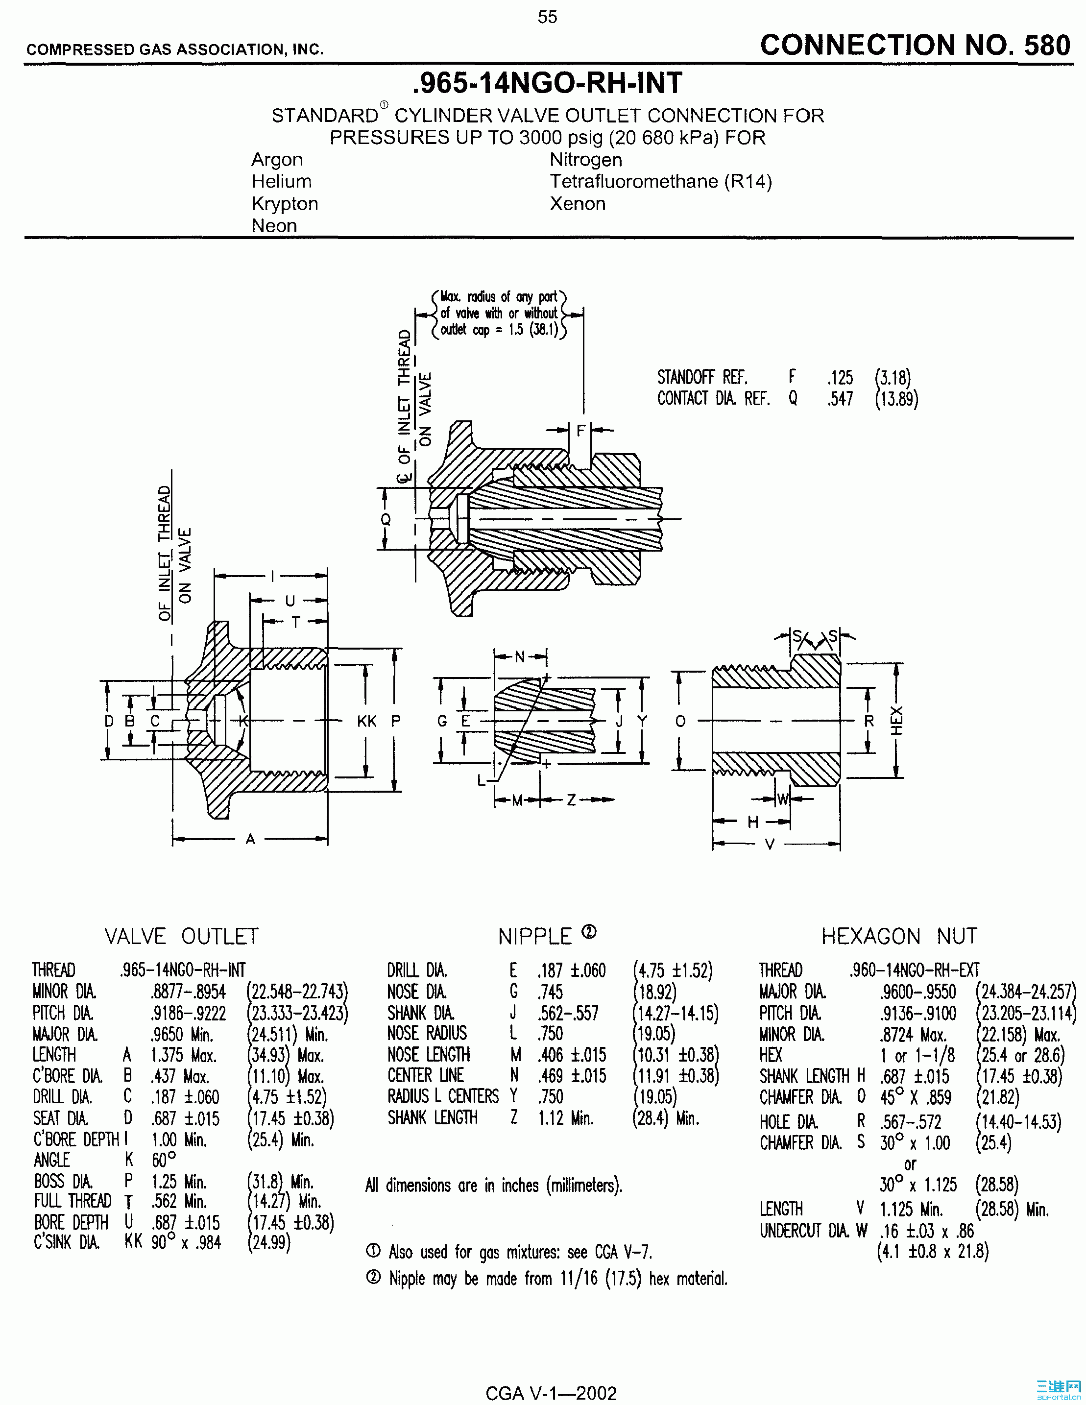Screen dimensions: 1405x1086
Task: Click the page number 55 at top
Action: [x=548, y=17]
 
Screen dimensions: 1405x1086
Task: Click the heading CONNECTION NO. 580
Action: [x=915, y=46]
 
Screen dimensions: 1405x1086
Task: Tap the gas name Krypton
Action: [x=285, y=203]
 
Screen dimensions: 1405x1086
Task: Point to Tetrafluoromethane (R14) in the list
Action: [x=660, y=181]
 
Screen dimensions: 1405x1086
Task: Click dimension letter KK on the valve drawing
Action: [x=367, y=721]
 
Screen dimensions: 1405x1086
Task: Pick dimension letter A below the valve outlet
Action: [x=250, y=839]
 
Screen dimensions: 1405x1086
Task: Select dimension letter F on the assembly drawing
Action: [x=580, y=431]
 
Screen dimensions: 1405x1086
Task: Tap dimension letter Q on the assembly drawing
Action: [x=385, y=519]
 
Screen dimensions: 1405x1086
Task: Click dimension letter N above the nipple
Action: [x=520, y=657]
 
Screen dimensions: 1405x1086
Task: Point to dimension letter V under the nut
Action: [x=769, y=844]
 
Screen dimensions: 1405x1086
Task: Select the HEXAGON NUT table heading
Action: [x=899, y=936]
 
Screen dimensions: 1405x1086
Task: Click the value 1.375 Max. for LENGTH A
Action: [x=183, y=1055]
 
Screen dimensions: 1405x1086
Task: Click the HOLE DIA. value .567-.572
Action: [x=910, y=1122]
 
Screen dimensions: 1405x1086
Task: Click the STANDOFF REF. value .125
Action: [x=840, y=377]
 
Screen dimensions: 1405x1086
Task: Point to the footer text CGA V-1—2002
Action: [x=551, y=1393]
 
